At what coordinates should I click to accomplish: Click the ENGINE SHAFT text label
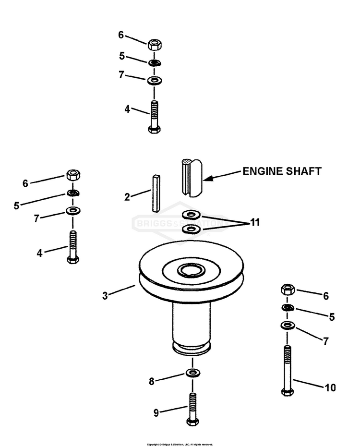point(281,171)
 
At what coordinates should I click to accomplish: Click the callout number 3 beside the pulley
point(105,295)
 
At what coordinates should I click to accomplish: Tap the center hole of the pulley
point(191,270)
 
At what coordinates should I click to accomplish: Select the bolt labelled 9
point(192,408)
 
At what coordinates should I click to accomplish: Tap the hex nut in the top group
point(154,44)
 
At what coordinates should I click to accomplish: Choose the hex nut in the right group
point(288,290)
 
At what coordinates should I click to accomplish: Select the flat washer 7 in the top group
point(154,79)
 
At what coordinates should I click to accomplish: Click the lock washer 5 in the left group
point(72,193)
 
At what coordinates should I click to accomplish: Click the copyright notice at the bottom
point(180,444)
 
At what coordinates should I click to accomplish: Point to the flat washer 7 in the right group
point(287,326)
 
